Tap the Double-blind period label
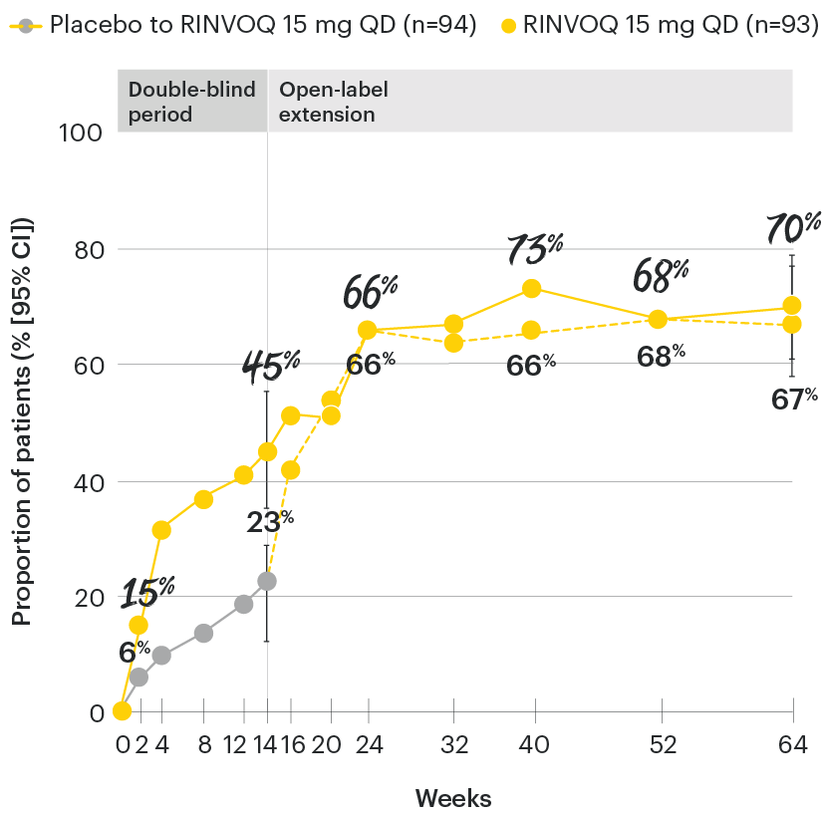click(x=191, y=101)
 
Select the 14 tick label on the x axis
click(x=267, y=744)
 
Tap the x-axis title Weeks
click(x=453, y=798)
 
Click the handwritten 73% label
click(x=534, y=249)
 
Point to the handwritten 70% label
click(x=792, y=228)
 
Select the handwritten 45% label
click(x=271, y=367)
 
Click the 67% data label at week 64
click(x=794, y=399)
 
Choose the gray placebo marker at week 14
click(x=267, y=580)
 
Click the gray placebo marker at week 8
click(x=203, y=633)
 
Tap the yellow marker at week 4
click(x=161, y=530)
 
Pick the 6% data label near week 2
click(x=135, y=653)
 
